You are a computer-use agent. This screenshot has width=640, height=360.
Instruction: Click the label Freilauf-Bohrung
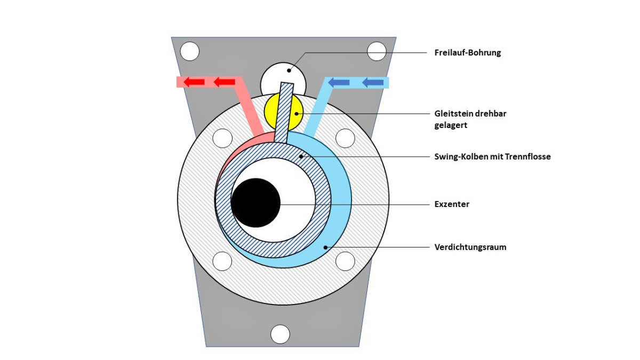click(x=468, y=53)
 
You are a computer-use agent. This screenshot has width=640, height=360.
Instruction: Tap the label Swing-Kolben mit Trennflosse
click(x=492, y=157)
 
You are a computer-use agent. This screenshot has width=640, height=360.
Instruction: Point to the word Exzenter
click(x=452, y=204)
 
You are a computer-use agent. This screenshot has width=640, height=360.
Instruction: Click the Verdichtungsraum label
click(x=470, y=247)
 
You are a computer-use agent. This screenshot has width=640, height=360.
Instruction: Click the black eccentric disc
click(x=256, y=203)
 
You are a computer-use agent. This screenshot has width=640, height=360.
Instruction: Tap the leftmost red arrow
click(x=195, y=82)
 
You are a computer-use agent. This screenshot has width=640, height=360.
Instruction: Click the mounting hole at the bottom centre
click(x=280, y=334)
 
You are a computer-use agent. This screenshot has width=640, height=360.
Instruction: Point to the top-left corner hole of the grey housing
click(x=190, y=52)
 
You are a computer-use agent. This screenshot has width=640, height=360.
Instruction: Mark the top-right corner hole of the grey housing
click(x=377, y=51)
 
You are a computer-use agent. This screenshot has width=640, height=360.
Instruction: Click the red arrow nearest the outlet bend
click(x=225, y=82)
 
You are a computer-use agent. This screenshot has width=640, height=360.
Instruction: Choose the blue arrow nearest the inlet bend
click(x=339, y=82)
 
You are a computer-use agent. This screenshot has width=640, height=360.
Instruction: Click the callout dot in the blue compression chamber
click(x=325, y=247)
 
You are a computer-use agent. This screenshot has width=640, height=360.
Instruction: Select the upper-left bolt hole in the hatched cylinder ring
click(x=222, y=139)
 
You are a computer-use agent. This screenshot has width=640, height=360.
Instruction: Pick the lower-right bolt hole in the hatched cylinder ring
click(x=345, y=261)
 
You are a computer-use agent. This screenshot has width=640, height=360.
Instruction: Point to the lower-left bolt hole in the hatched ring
click(x=222, y=261)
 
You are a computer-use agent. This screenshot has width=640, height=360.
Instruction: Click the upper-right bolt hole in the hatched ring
click(x=345, y=139)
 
